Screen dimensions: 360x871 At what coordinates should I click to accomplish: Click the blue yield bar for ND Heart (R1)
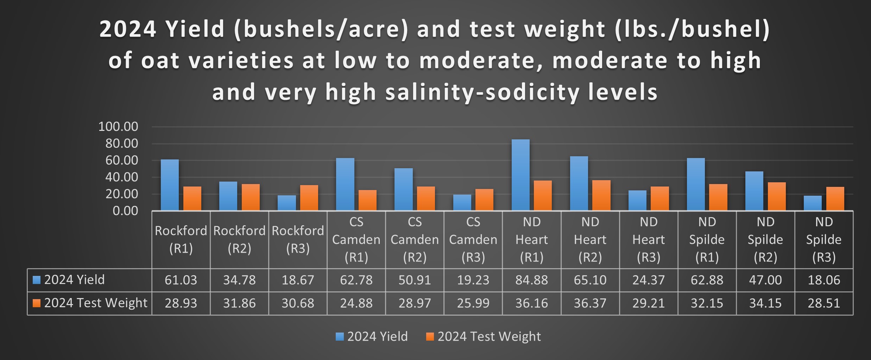pos(520,175)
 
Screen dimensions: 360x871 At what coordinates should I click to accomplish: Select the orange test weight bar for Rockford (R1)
pos(192,198)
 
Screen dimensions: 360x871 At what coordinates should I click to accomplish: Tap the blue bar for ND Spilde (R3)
pos(812,203)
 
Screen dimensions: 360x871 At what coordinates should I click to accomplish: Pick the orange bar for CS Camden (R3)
pos(484,200)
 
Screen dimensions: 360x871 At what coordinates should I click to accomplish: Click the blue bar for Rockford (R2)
pos(228,196)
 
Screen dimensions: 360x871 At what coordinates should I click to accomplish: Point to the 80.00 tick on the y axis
pos(121,144)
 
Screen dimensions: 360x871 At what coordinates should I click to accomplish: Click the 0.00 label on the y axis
pos(125,211)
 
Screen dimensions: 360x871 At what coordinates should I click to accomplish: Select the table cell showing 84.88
pos(531,280)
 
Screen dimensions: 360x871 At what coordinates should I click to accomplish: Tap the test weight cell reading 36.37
pos(590,303)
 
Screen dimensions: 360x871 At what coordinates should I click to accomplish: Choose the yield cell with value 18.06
pos(823,280)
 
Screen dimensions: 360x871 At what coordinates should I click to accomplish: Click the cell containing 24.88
pos(356,303)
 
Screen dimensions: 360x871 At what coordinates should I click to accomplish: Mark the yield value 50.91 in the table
pos(415,280)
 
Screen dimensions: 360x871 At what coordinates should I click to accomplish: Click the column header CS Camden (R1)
pos(356,240)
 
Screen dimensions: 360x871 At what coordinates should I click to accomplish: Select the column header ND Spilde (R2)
pos(765,240)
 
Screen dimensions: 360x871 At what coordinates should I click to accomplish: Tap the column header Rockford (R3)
pos(298,240)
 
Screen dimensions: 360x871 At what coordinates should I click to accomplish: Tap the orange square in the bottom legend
pos(430,337)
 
